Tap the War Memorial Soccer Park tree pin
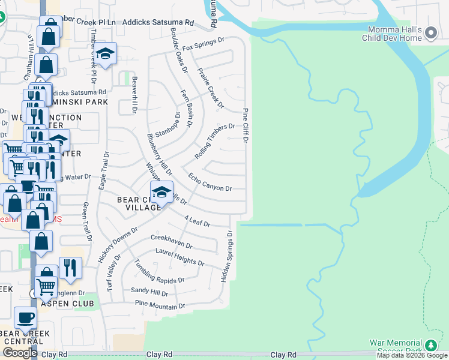[430, 346]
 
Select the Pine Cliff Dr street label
[246, 125]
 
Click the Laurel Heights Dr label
[180, 259]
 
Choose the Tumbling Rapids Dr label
[159, 272]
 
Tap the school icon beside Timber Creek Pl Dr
[105, 54]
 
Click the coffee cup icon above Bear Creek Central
[25, 318]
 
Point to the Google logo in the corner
[20, 353]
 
